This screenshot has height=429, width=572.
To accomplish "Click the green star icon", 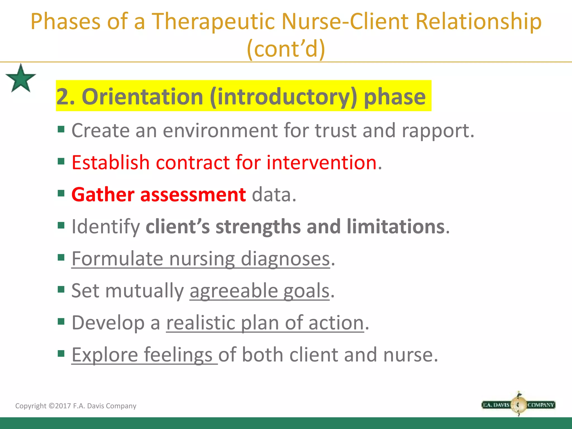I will [21, 78].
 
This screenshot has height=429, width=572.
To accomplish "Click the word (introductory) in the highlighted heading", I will [283, 96].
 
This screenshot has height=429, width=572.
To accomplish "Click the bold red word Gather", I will [103, 194].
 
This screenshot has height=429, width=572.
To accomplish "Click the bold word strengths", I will [258, 226].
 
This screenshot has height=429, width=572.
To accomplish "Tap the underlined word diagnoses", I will [285, 259].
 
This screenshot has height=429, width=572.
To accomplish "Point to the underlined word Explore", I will [105, 355].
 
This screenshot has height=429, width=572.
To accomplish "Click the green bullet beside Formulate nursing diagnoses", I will [61, 257].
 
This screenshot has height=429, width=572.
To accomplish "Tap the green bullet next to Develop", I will [61, 321].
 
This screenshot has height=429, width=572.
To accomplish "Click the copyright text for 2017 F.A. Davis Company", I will [76, 406].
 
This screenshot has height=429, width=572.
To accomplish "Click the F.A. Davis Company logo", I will [518, 404].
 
